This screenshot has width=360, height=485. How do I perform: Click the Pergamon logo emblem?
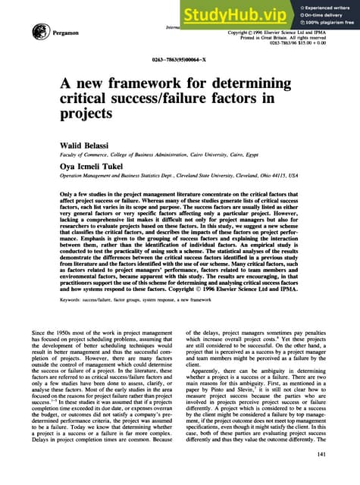(35, 33)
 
